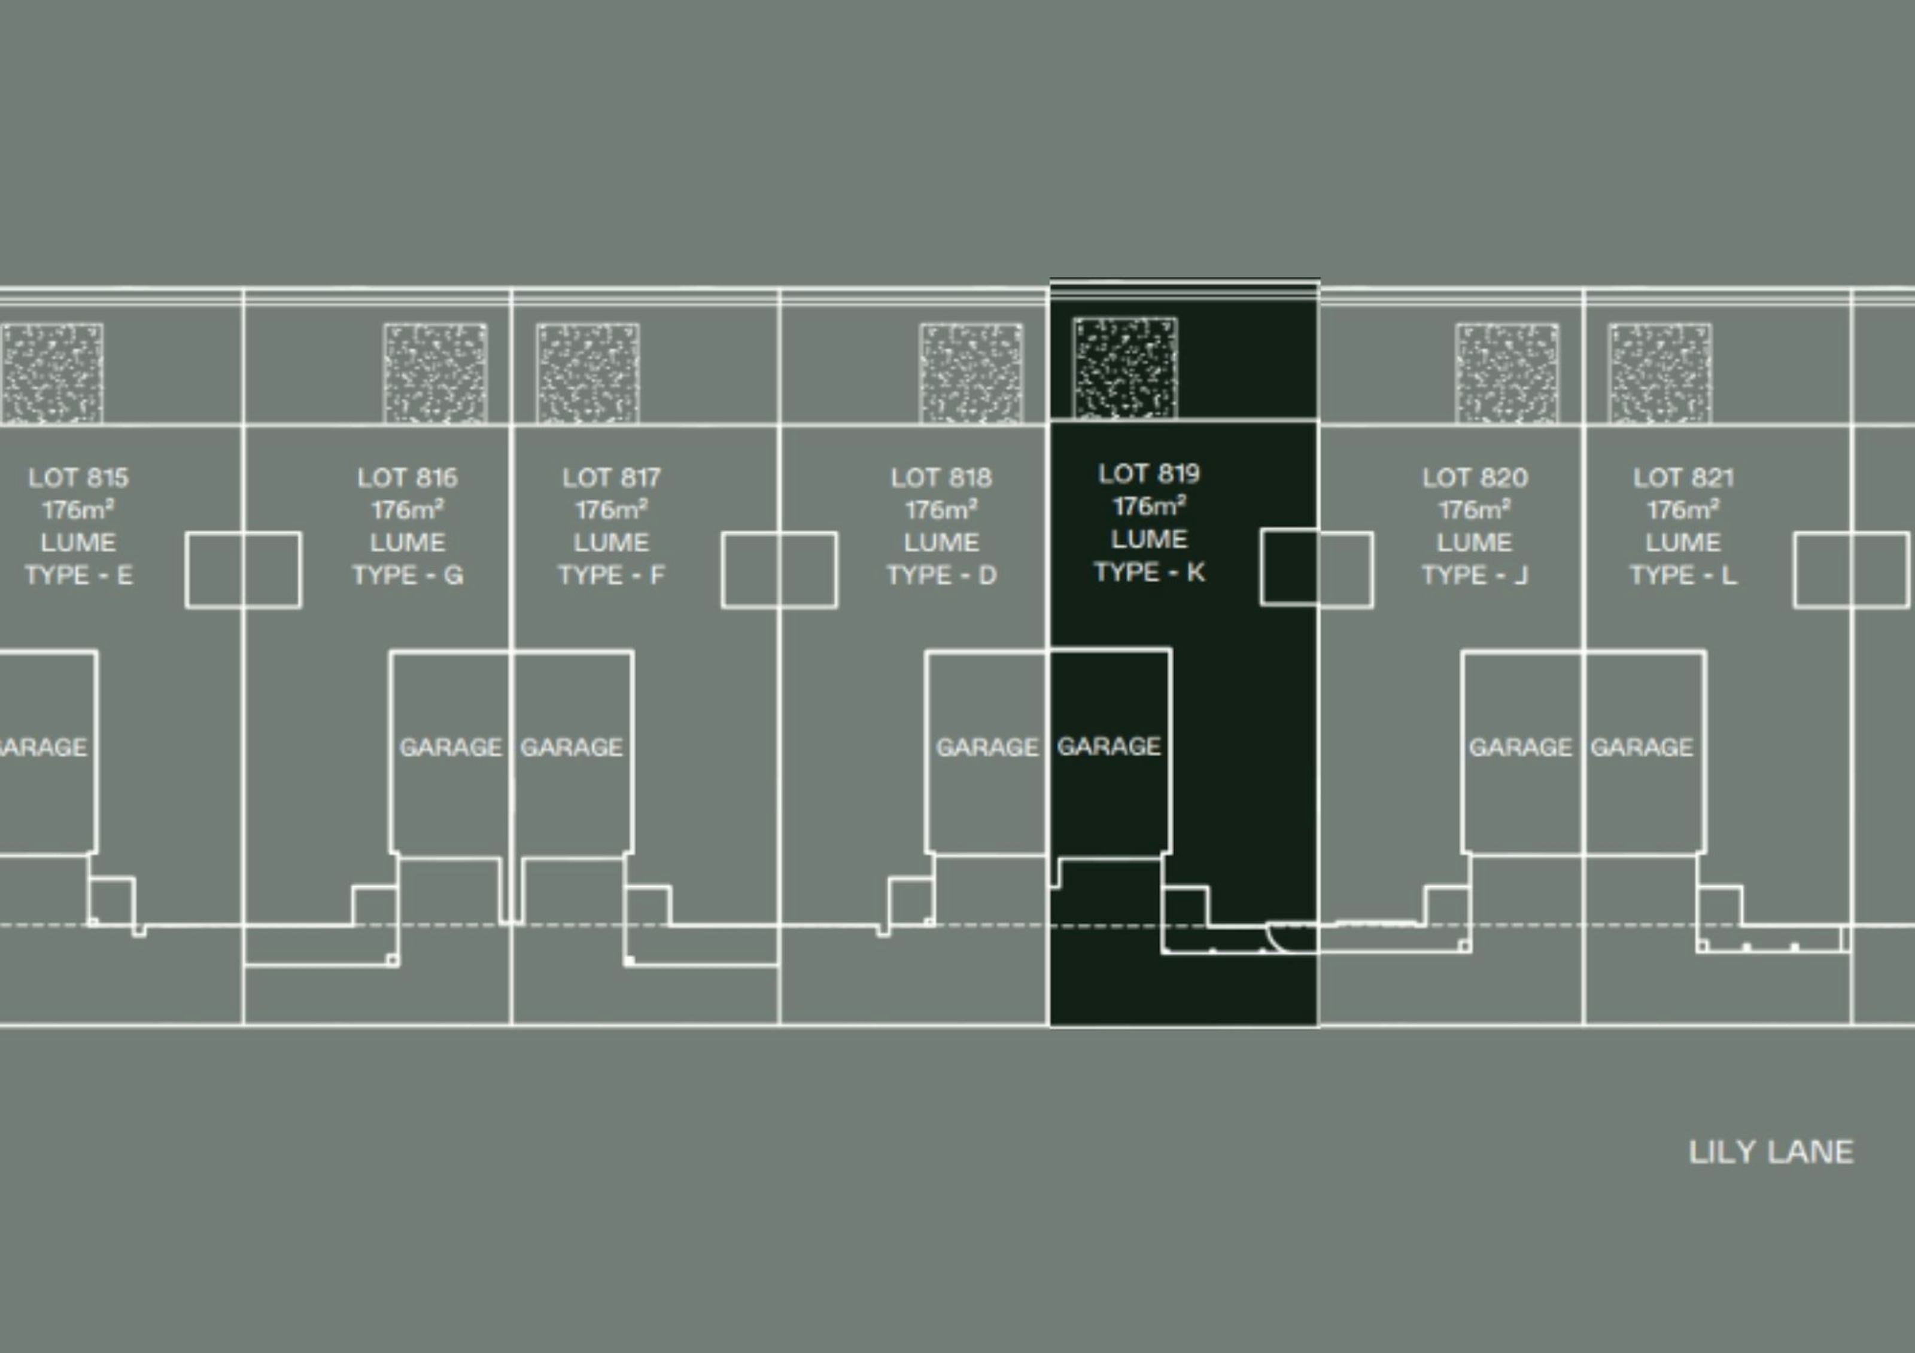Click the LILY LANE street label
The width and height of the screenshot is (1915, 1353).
coord(1771,1152)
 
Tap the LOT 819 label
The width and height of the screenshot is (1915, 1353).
coord(1148,474)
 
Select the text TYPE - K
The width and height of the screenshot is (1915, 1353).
coord(1148,572)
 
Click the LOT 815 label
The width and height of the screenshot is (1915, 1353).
coord(78,478)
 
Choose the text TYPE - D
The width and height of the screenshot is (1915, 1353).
coord(941,575)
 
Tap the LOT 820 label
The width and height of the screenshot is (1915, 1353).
coord(1475,478)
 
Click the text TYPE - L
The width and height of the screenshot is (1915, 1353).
coord(1683,575)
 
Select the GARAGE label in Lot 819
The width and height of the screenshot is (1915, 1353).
coord(1108,746)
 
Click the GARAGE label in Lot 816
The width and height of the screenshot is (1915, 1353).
coord(451,747)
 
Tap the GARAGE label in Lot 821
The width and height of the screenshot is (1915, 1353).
coord(1642,747)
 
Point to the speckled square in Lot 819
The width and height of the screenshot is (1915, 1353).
coord(1125,368)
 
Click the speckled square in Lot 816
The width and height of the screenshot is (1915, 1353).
coord(436,373)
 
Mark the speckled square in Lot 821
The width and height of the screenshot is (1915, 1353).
coord(1660,373)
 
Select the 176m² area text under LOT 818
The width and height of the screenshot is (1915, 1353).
coord(941,510)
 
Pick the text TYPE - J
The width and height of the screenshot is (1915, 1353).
coord(1475,575)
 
